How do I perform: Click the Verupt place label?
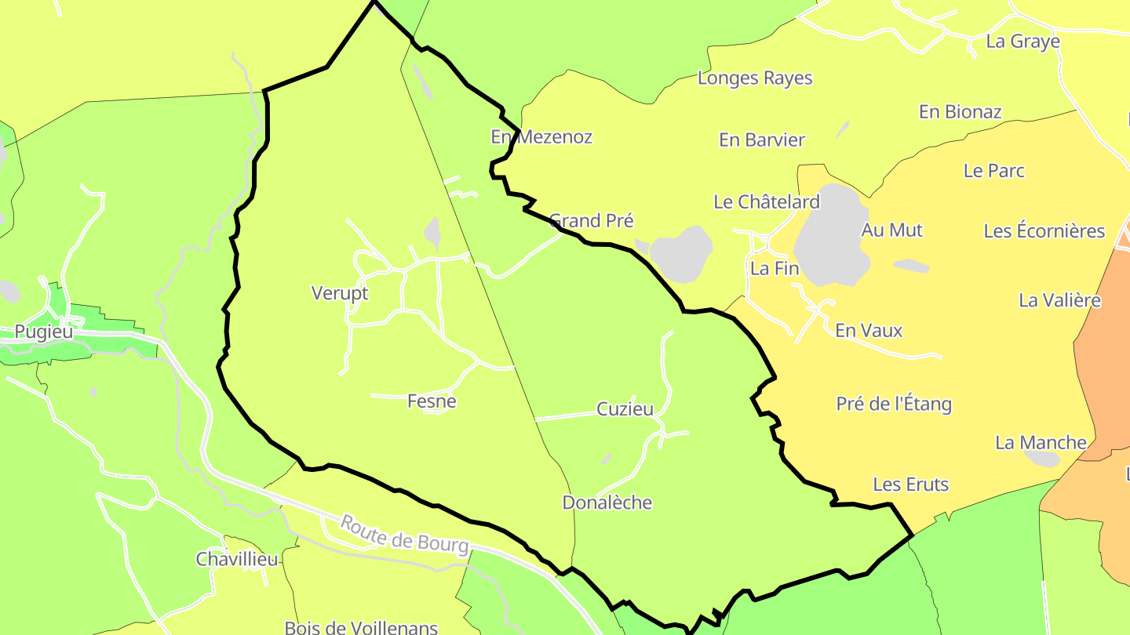340,293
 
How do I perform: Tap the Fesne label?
432,401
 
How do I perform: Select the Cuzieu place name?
625,408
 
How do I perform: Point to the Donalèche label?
607,503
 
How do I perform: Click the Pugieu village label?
44,332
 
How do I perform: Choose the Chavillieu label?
237,559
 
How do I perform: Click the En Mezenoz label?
541,136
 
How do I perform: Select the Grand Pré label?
591,220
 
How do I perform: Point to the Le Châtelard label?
766,201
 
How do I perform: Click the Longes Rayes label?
755,78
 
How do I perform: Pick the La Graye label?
1022,42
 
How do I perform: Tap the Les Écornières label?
1044,230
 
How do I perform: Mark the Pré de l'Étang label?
894,404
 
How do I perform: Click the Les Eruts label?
910,484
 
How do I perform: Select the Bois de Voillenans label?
361,627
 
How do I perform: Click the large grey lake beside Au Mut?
832,235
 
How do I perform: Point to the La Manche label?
1041,442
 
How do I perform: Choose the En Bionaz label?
960,111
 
